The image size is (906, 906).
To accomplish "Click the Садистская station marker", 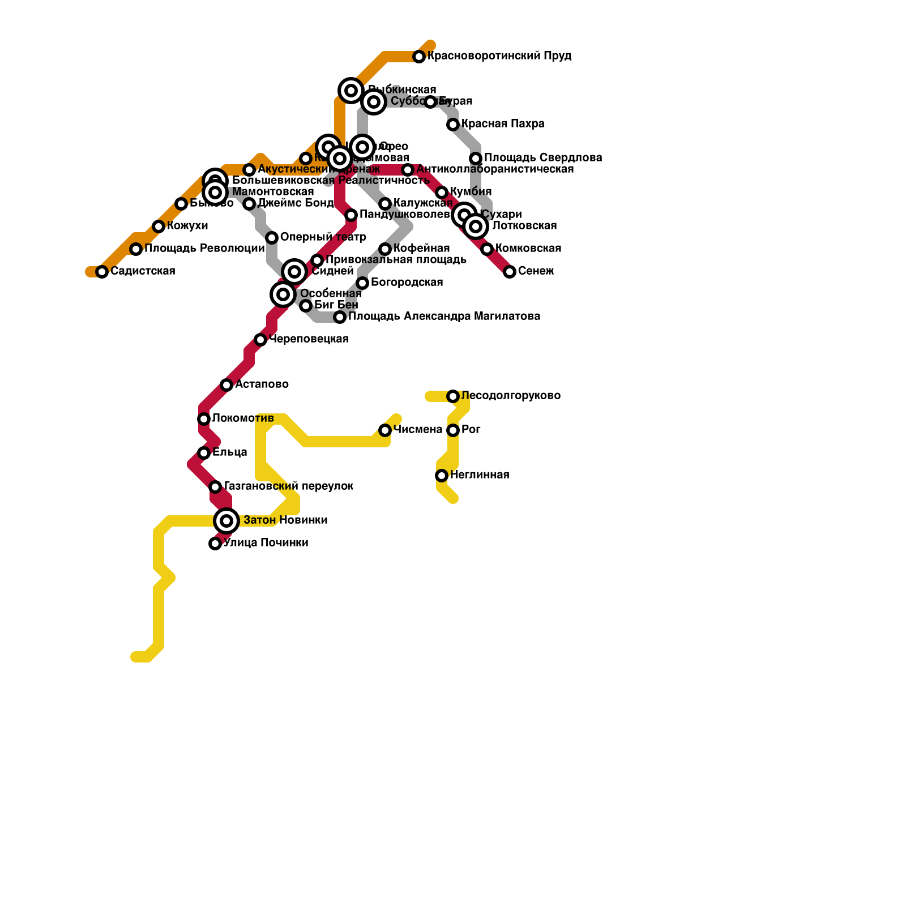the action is [x=102, y=272].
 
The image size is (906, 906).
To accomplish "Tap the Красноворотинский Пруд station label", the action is [x=499, y=56].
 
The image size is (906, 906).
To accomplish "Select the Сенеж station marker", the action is [x=510, y=272].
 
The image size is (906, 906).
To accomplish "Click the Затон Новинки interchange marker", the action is [x=226, y=520].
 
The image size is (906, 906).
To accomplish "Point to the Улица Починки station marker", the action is [x=215, y=544].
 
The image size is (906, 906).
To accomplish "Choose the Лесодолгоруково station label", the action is [x=511, y=396].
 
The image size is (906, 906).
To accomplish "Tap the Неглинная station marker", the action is [x=442, y=476].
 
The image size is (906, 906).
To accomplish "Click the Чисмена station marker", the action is [x=385, y=430].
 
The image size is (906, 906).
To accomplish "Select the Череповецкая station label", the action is [x=309, y=339].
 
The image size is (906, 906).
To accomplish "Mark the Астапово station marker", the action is [x=226, y=385].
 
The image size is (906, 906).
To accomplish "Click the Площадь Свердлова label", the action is [x=543, y=158].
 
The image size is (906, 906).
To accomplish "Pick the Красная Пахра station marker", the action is [x=453, y=125].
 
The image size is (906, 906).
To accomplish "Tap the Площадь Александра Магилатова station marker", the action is [x=340, y=317].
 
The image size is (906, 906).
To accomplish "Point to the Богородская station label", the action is [x=407, y=283].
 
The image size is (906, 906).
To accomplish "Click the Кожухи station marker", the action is [x=159, y=226].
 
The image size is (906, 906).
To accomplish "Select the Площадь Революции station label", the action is [x=204, y=249].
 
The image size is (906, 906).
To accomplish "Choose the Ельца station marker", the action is [x=204, y=453].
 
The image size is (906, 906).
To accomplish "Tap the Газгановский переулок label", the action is [x=289, y=486].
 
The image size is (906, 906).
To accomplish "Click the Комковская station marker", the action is [x=487, y=249].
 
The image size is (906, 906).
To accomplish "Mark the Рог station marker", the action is [x=453, y=430].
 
